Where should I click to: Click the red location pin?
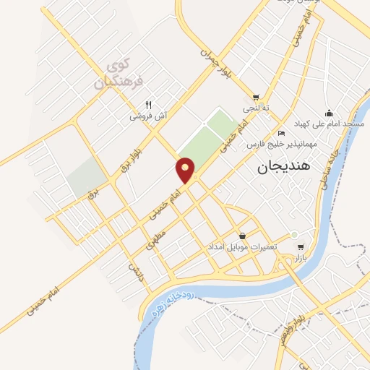pyautogui.click(x=186, y=171)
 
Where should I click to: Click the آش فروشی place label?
pyautogui.click(x=148, y=116)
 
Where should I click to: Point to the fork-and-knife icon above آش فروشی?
pyautogui.click(x=148, y=104)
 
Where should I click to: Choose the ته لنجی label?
pyautogui.click(x=256, y=108)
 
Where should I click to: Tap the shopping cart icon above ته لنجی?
pyautogui.click(x=256, y=97)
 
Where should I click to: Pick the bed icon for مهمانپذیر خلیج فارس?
pyautogui.click(x=281, y=133)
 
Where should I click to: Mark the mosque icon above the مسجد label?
pyautogui.click(x=330, y=113)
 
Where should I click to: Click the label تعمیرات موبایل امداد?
pyautogui.click(x=242, y=247)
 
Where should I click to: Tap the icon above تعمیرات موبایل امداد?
pyautogui.click(x=242, y=236)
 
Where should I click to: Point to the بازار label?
pyautogui.click(x=301, y=257)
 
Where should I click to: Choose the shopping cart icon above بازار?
pyautogui.click(x=301, y=246)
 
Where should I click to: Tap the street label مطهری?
pyautogui.click(x=155, y=239)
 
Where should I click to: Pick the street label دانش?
pyautogui.click(x=134, y=272)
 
